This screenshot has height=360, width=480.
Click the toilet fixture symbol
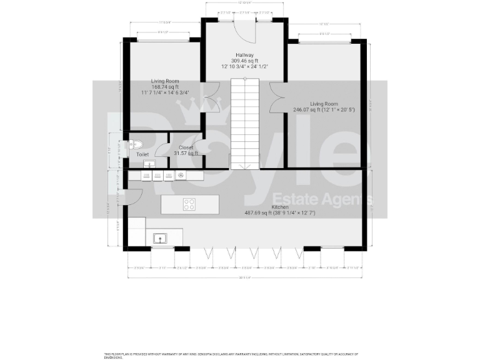[x=134, y=144]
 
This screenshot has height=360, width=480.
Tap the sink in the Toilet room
[x=148, y=164]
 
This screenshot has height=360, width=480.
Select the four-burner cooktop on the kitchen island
[x=189, y=204]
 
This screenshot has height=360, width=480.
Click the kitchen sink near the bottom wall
[x=159, y=238]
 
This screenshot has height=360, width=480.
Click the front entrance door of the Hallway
[x=246, y=27]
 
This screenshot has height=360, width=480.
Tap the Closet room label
[x=186, y=147]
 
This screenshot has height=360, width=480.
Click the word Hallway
[x=244, y=54]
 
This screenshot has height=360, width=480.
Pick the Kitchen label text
[x=279, y=207]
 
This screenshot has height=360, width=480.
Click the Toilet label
[x=142, y=154]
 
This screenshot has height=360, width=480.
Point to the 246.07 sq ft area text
[x=306, y=109]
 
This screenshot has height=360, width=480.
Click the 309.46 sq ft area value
[x=244, y=60]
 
